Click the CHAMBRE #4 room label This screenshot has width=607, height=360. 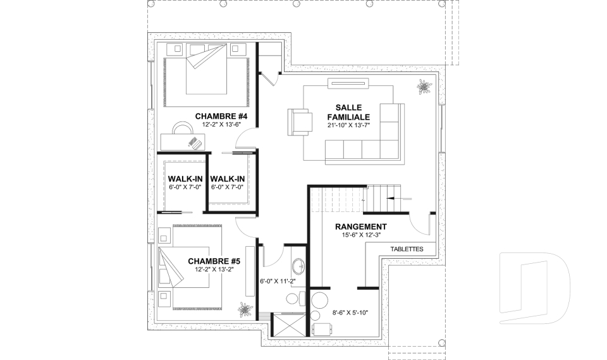point(221,116)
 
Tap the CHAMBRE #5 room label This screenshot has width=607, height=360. point(214,261)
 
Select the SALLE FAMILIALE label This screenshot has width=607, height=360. point(348,113)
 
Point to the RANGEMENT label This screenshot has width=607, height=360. point(361,227)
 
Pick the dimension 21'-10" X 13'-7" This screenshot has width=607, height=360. point(348,125)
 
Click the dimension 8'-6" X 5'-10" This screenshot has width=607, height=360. point(350,313)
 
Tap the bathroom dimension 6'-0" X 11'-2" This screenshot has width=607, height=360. point(278,282)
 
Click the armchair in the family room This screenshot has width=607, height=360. point(300,122)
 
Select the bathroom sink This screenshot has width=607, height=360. point(298,266)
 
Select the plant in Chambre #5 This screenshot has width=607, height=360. point(244,309)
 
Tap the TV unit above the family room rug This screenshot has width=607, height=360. point(348,82)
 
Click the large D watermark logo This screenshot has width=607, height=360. point(534,287)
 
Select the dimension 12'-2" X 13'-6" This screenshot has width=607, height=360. point(221,125)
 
